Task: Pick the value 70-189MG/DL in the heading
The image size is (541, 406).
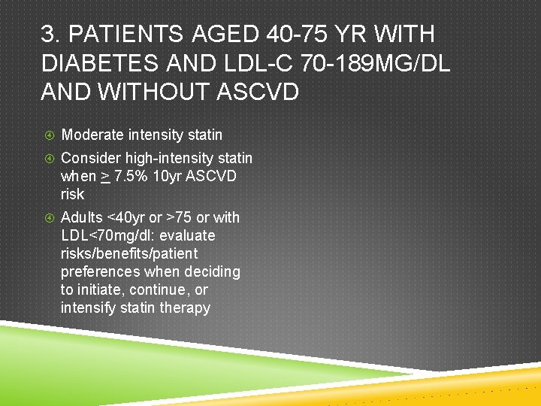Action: [377, 63]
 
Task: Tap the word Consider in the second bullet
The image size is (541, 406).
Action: [90, 158]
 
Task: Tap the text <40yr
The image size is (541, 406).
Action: [125, 217]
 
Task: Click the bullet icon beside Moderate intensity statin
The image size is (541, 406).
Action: [48, 135]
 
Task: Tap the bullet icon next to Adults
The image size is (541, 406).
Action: [48, 218]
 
